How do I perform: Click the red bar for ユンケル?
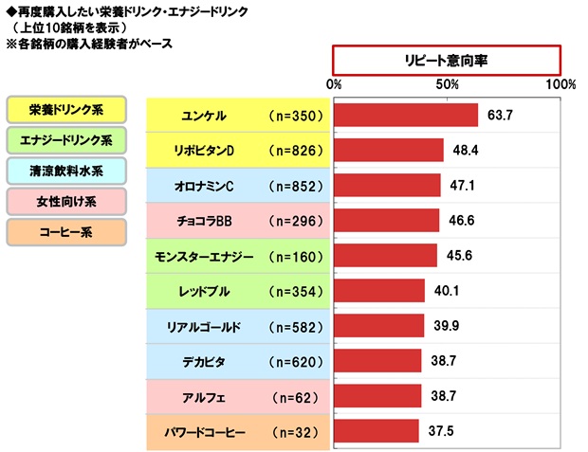[406, 116]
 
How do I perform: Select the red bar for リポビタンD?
[389, 151]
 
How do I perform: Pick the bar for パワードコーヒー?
[377, 431]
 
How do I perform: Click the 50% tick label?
[448, 84]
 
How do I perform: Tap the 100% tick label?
[560, 84]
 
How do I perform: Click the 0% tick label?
[334, 84]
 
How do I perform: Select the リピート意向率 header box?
[447, 58]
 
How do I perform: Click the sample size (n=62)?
[297, 396]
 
